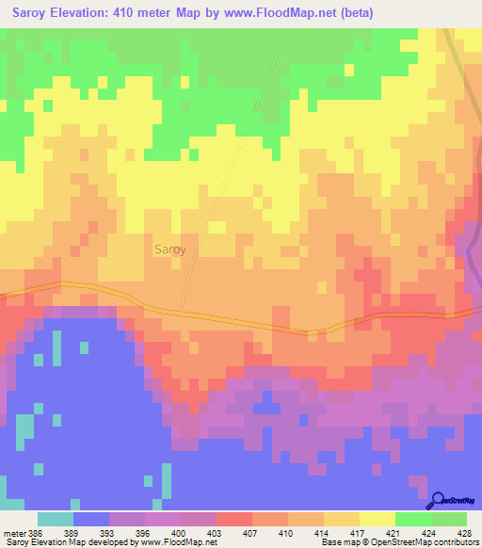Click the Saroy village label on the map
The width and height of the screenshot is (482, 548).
169,250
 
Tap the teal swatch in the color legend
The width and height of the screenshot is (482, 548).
56,519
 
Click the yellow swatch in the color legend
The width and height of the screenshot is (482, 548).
377,519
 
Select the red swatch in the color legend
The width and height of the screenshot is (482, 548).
233,519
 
